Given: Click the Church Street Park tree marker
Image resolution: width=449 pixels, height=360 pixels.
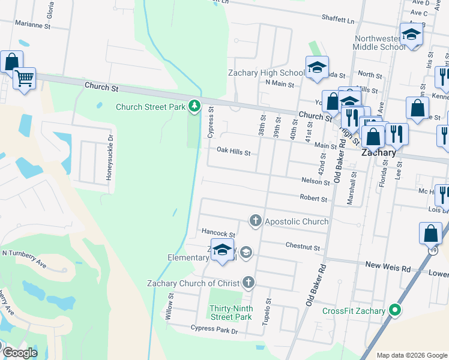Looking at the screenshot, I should click(194, 106).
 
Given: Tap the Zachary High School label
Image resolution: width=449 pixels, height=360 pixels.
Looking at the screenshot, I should click(267, 73).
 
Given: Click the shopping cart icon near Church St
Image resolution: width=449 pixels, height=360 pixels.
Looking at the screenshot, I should click(24, 78).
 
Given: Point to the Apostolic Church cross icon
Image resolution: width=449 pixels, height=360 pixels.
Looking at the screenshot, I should click(256, 221).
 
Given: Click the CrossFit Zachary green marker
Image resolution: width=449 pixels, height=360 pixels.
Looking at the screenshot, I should click(394, 310).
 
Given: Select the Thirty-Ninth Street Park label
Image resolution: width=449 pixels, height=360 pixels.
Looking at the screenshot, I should click(231, 313).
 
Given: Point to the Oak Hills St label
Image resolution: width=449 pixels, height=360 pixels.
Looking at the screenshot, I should click(233, 152).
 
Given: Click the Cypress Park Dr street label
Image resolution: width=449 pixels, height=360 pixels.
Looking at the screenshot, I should click(214, 330).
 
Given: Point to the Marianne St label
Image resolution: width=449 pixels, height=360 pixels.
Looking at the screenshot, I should click(33, 26).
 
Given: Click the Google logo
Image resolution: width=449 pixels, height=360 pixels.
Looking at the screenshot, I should click(20, 353).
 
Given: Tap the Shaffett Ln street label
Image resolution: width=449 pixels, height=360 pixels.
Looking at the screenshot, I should click(338, 20).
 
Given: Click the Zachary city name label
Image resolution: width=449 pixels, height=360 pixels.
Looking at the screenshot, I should click(378, 153).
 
